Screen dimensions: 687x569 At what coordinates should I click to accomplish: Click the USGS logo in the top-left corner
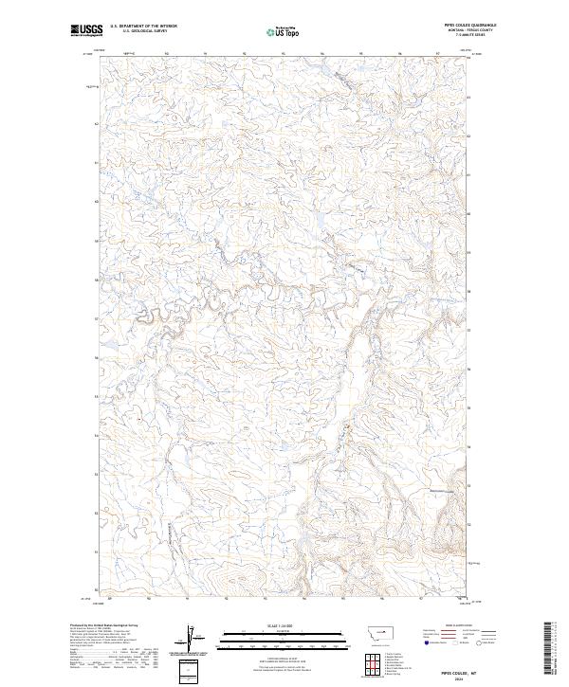pos(87,31)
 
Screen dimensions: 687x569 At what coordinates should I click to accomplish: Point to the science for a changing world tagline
pos(87,38)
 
